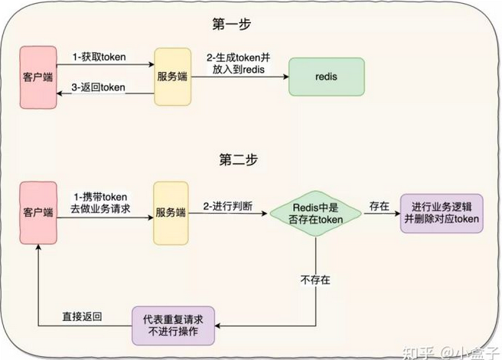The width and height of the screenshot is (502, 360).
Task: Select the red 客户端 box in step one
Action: tap(38, 77)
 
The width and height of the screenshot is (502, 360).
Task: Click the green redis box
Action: tap(321, 78)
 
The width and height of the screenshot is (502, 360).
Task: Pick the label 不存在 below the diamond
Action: tap(316, 280)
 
